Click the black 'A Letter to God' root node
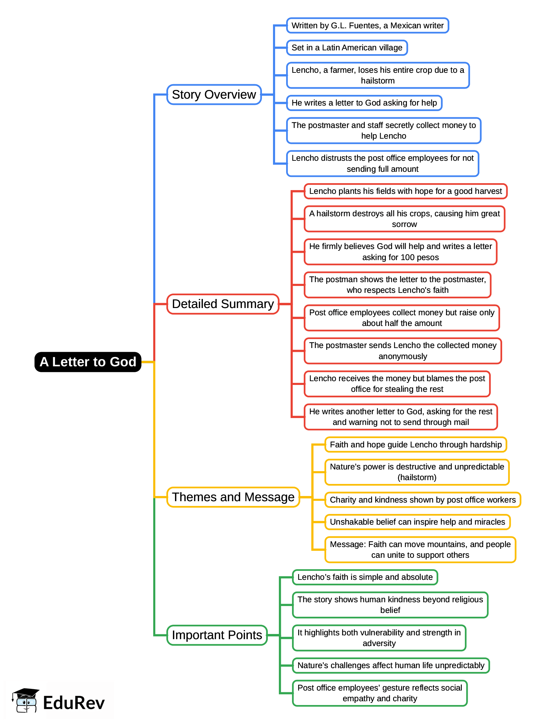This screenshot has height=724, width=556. coord(88,362)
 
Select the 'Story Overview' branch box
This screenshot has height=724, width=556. coord(214,95)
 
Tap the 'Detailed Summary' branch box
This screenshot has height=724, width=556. coord(223,304)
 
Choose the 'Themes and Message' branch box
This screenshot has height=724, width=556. coord(233,497)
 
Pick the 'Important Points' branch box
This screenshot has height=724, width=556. coord(217,635)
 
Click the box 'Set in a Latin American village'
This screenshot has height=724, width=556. coord(347,48)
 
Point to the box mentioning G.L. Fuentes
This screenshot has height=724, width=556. coord(367,26)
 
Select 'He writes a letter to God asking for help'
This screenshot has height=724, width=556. coord(364,103)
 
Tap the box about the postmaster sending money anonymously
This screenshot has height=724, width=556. coord(402,351)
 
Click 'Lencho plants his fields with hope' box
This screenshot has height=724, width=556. coord(405,191)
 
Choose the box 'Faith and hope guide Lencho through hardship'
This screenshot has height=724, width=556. coord(416,445)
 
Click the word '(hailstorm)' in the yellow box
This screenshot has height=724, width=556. coord(417,477)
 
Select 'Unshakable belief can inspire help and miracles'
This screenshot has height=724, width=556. coord(417,522)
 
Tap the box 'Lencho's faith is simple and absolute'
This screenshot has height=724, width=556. coord(365,577)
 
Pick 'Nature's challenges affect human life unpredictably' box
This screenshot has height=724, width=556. coord(391,665)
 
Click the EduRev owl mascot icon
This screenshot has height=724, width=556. coord(25,701)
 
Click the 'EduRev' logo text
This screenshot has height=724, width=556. coord(74,703)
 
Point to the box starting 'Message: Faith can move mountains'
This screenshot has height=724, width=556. coord(420,549)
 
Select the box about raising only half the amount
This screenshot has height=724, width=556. coord(401,318)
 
